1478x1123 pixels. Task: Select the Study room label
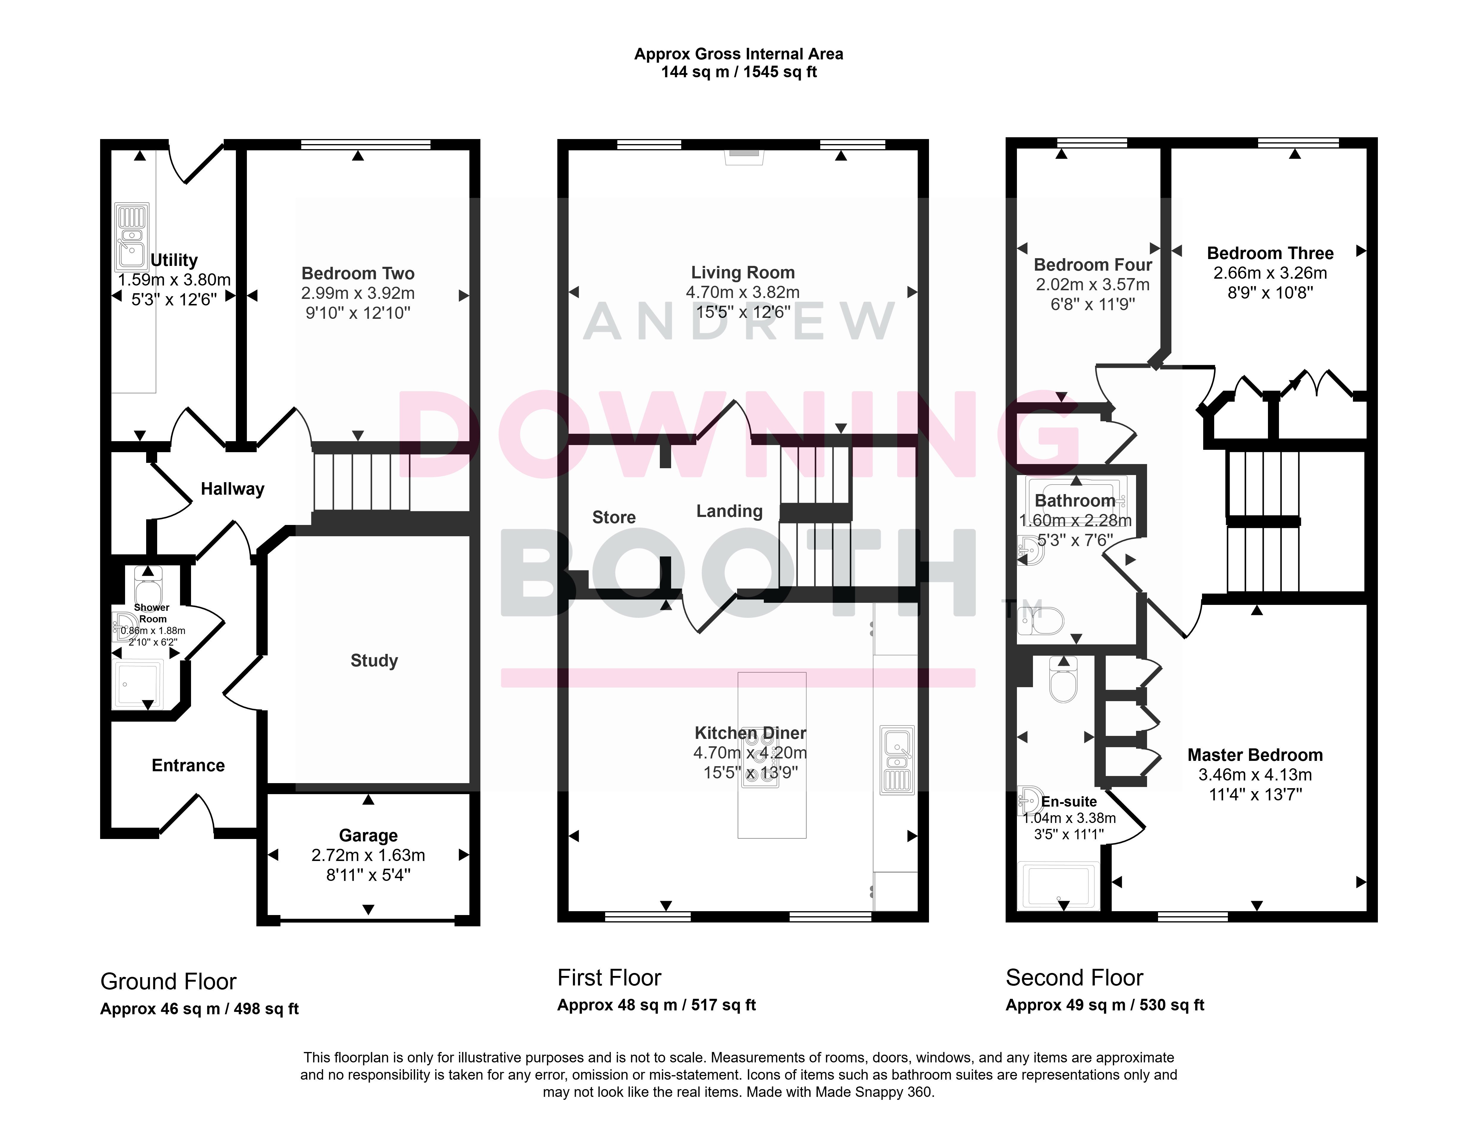[x=374, y=660]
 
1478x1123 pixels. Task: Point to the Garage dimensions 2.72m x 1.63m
[x=368, y=855]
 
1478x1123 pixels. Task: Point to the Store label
[x=614, y=518]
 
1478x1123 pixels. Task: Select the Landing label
[x=729, y=511]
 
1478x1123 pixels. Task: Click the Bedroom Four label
[x=1093, y=265]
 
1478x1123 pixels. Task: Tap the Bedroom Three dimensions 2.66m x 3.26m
[x=1270, y=273]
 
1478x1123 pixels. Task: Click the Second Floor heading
[x=1074, y=978]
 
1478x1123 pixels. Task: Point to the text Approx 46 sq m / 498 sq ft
[x=199, y=1009]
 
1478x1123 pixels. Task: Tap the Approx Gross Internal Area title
[x=739, y=54]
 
